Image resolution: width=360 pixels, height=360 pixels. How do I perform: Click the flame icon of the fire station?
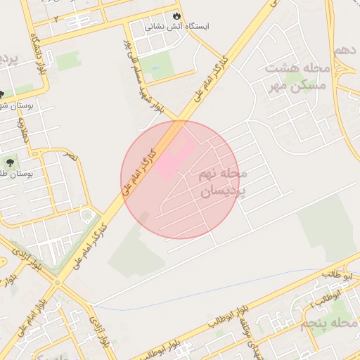(176, 15)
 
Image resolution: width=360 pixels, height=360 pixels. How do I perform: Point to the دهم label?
(344, 51)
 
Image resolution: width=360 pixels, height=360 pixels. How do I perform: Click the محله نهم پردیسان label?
(221, 181)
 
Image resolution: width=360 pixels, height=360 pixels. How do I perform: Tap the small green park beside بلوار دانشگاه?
(69, 62)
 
